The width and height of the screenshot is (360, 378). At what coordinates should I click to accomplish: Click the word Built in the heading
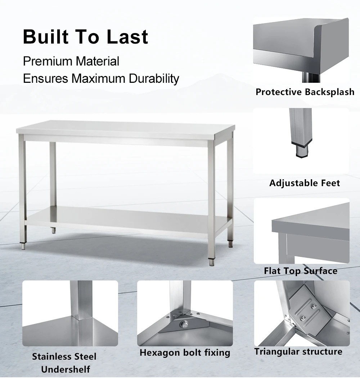[x=46, y=37]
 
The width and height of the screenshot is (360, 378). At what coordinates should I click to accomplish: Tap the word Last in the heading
[x=127, y=37]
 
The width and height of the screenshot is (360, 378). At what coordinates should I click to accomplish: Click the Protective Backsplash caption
[x=305, y=92]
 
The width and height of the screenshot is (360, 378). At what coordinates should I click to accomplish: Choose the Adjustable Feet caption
[x=305, y=183]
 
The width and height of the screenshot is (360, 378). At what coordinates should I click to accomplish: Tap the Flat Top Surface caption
[x=301, y=271]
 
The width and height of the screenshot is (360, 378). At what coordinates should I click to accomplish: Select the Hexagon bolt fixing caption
[x=185, y=352]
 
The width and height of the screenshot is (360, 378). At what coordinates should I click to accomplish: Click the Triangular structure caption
[x=298, y=351]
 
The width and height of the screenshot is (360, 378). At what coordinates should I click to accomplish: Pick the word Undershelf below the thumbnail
[x=65, y=369]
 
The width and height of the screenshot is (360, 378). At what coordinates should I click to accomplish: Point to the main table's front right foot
[x=211, y=261]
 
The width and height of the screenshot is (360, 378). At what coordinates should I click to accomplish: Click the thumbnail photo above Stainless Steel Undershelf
[x=70, y=313]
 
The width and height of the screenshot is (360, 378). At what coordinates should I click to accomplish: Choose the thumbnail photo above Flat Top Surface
[x=301, y=231]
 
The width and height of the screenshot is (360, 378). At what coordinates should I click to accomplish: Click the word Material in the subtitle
[x=97, y=61]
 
